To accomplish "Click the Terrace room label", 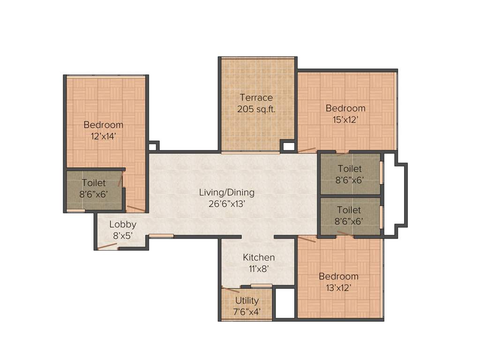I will pyautogui.click(x=256, y=97).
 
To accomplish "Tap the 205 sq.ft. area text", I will pyautogui.click(x=256, y=109).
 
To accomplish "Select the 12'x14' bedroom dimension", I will pyautogui.click(x=103, y=136).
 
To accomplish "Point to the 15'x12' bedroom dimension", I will pyautogui.click(x=345, y=120).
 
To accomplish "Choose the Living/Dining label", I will pyautogui.click(x=227, y=192).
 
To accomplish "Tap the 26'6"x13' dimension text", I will pyautogui.click(x=227, y=204).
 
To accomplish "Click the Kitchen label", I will pyautogui.click(x=259, y=257).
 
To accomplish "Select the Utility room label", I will pyautogui.click(x=247, y=300).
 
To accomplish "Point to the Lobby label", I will pyautogui.click(x=123, y=224).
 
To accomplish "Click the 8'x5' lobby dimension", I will pyautogui.click(x=123, y=236).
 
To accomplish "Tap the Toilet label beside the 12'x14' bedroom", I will pyautogui.click(x=94, y=183).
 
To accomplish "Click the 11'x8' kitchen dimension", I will pyautogui.click(x=259, y=269).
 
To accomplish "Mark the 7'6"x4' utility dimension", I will pyautogui.click(x=247, y=312).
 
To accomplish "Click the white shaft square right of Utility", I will pyautogui.click(x=284, y=303).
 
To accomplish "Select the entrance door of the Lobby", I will pyautogui.click(x=107, y=246).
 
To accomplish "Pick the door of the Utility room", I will pyautogui.click(x=230, y=290).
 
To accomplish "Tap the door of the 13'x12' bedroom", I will pyautogui.click(x=307, y=239).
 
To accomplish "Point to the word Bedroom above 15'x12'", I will pyautogui.click(x=345, y=108).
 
